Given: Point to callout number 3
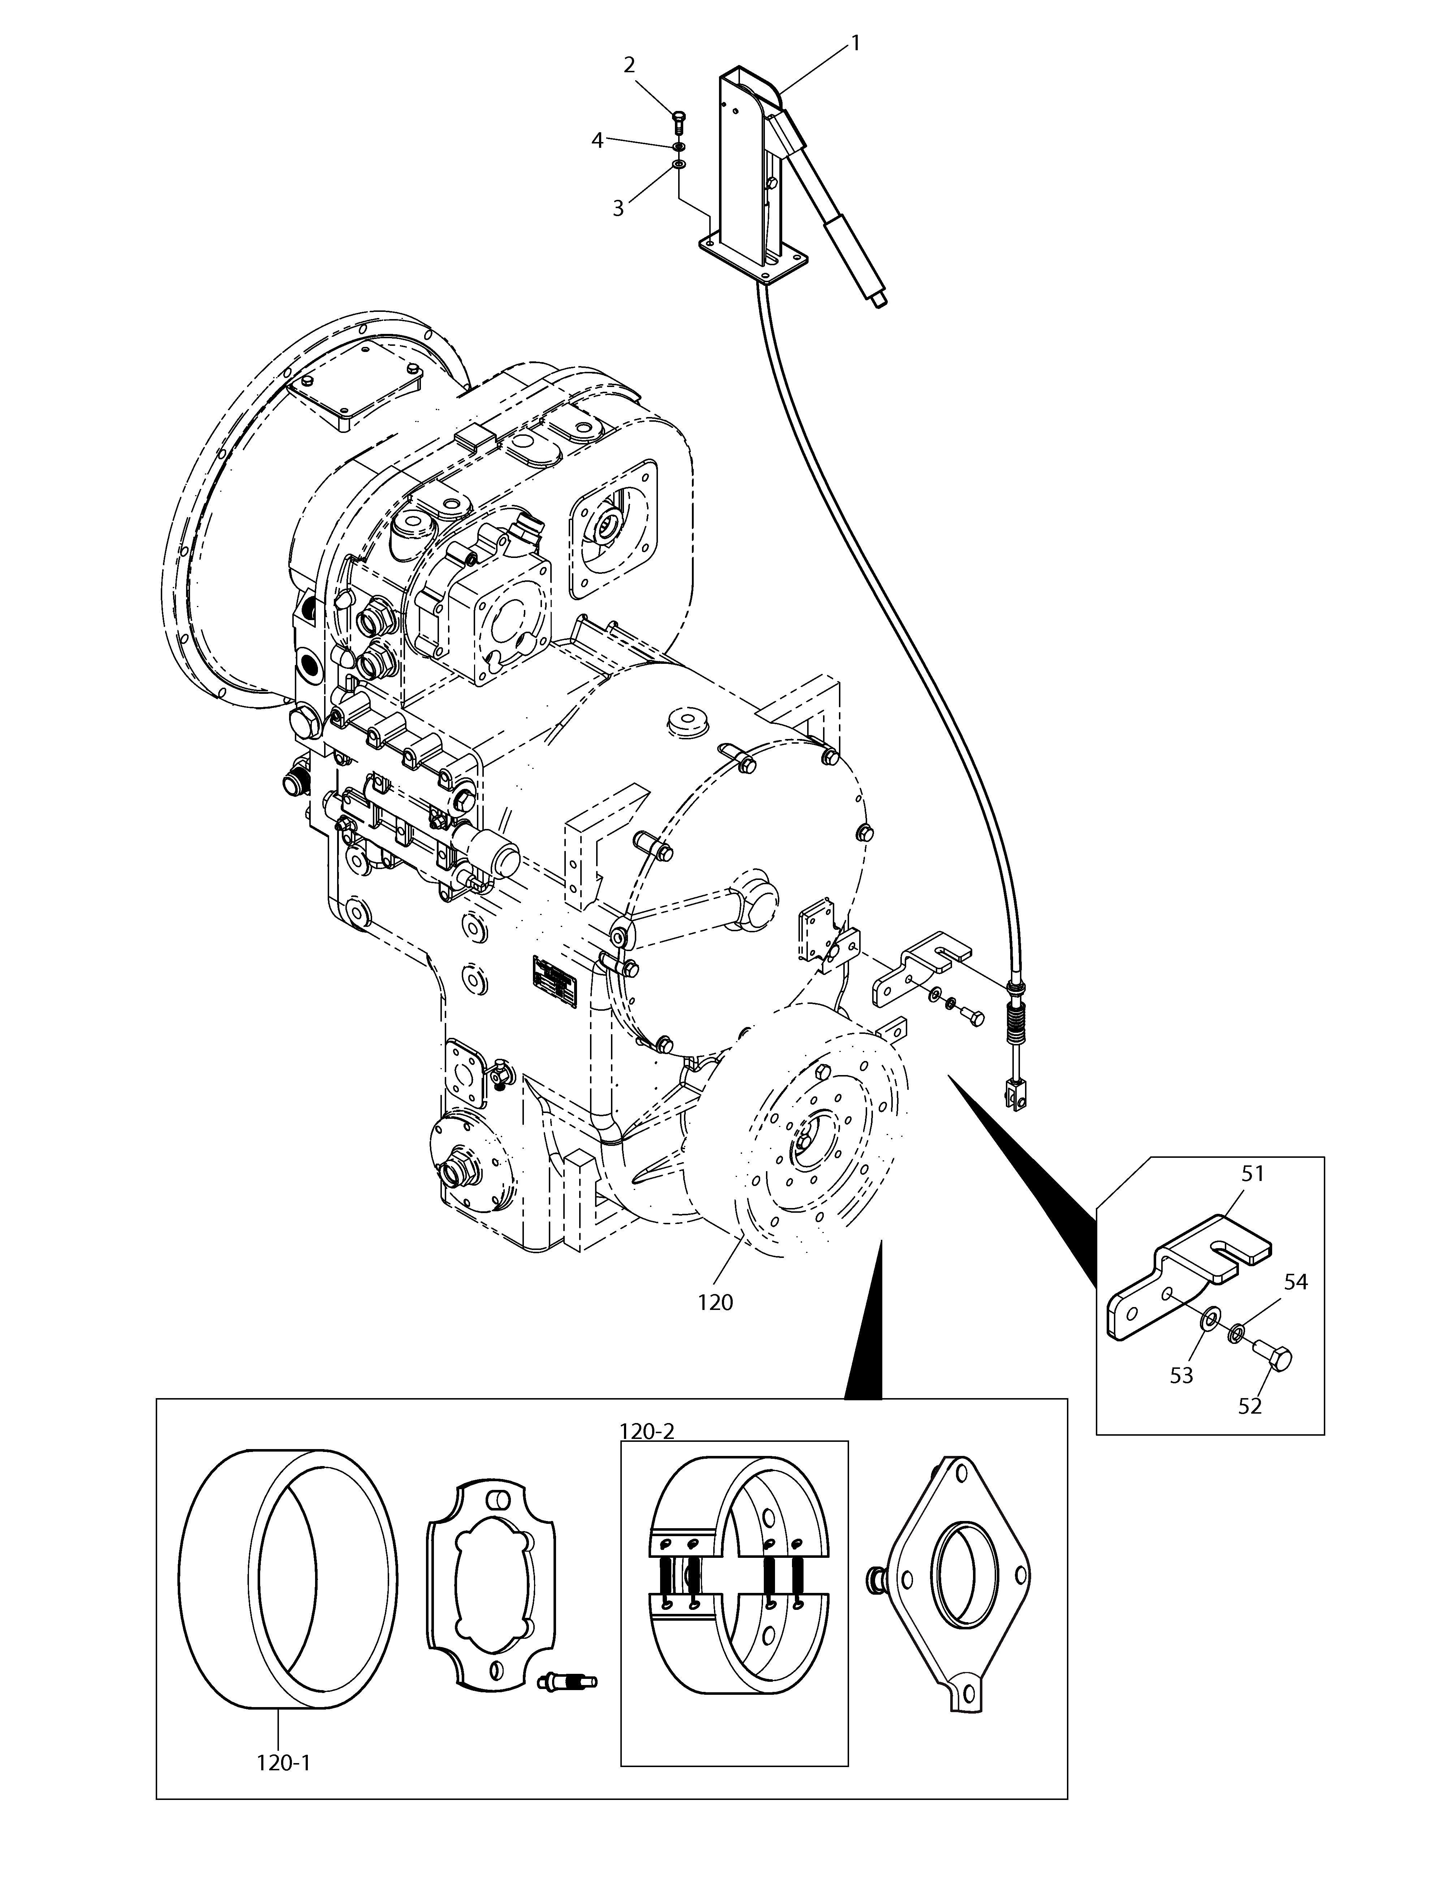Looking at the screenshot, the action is [618, 208].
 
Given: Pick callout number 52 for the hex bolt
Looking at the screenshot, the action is [1250, 1406].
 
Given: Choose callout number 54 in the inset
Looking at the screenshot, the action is [1295, 1305].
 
